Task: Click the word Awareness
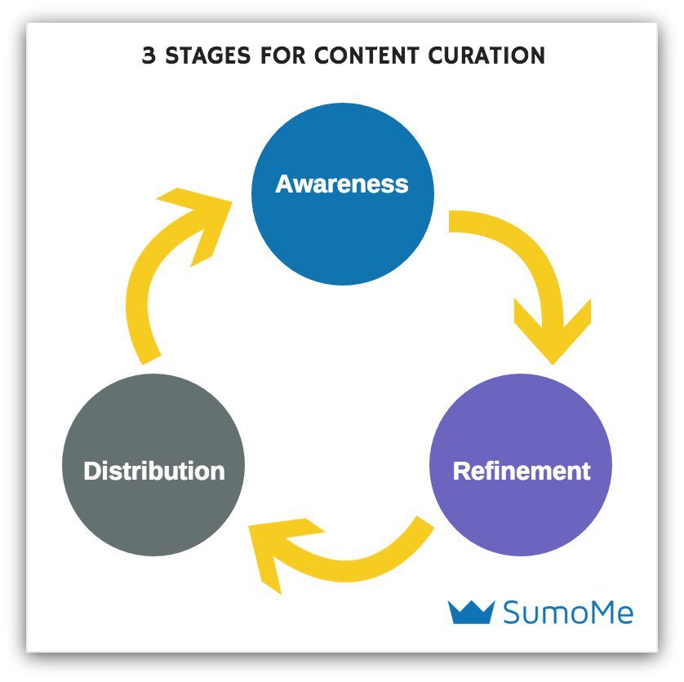342,184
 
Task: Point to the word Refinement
522,471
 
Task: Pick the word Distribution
154,471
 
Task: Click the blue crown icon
472,611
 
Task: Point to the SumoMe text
568,612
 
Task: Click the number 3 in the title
149,56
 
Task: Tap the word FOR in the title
282,56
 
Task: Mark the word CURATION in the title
486,56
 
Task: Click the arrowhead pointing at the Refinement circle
553,326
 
